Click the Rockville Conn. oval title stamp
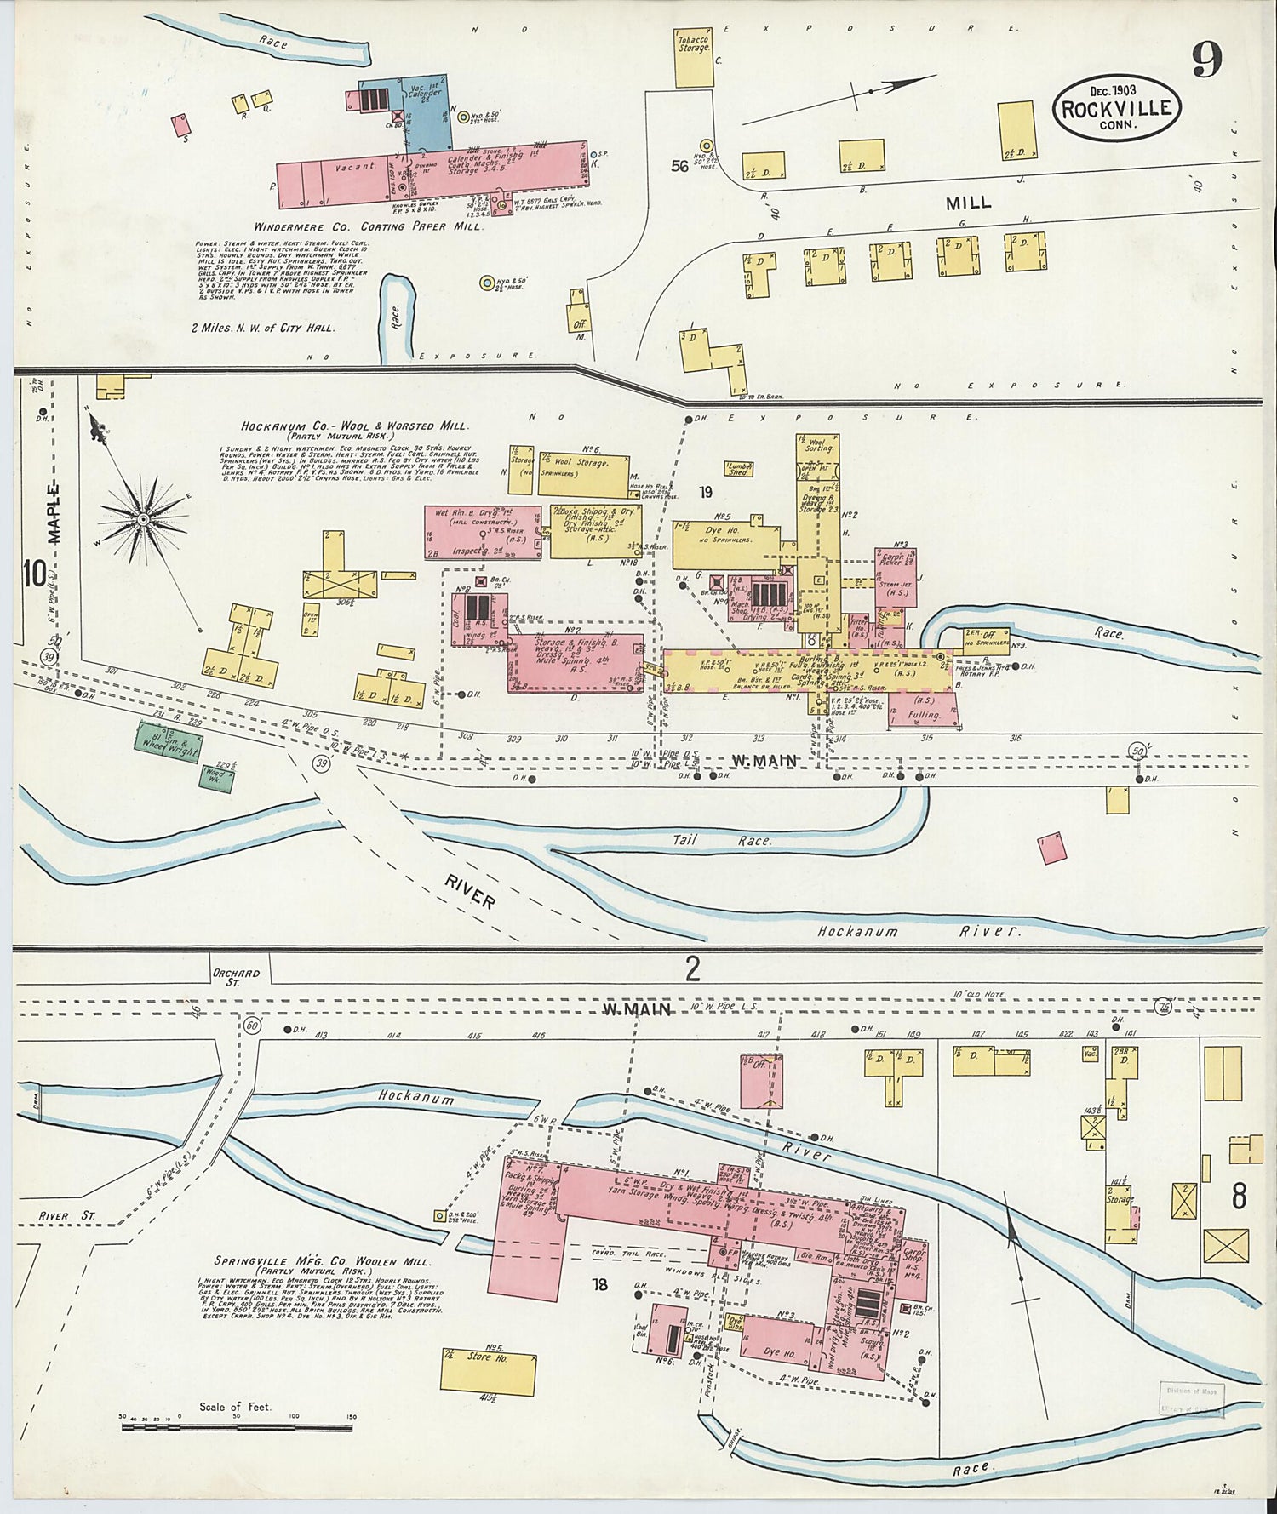coord(1117,108)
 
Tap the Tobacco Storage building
coord(694,60)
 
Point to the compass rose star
coord(144,518)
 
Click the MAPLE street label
coord(54,513)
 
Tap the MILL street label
coord(969,203)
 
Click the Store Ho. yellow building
coord(488,1371)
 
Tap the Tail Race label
coord(722,840)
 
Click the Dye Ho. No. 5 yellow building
coord(724,545)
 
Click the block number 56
coord(679,166)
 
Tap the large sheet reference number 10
coord(34,574)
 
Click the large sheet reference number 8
coord(1239,1196)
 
